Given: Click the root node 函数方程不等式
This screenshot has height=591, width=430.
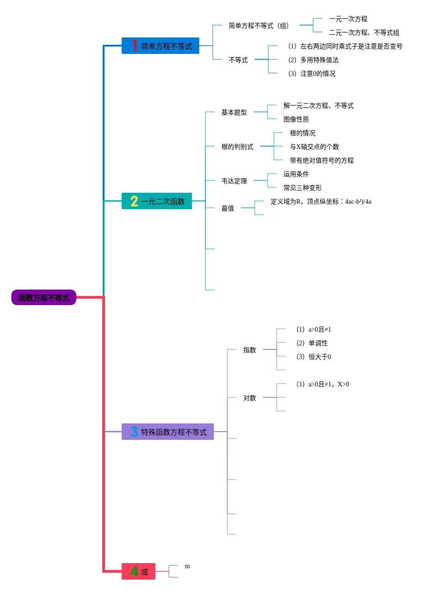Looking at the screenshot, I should coord(44,298).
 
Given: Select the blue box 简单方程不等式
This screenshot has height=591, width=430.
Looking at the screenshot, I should coord(161,46).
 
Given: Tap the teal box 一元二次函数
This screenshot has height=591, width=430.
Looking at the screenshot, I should coord(157,201).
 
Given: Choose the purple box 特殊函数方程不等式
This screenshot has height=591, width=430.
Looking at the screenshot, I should coord(168,432).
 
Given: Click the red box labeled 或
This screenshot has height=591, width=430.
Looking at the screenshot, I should coord(139,572).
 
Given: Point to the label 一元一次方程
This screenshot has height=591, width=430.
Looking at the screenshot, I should coord(348,19).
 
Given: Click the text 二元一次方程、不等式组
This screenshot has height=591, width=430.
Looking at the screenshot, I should coord(364,33).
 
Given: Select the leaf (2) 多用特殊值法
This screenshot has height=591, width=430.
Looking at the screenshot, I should coord(313,60).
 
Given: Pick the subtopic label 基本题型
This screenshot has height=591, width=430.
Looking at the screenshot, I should coord(234,112).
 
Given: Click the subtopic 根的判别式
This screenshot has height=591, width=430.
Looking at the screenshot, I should coord(237,147).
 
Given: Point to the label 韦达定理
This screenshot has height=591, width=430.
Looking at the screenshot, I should coord(234,181).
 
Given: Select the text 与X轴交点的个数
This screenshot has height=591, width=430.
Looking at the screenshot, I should coord(314,147).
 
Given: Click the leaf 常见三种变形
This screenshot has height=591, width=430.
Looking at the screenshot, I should coord(302,188).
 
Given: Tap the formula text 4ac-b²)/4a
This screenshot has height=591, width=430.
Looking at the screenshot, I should coord(358,202).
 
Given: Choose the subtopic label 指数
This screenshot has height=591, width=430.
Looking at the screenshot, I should coord(249,350).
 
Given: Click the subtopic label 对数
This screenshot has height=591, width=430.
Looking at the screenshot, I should coord(249,398).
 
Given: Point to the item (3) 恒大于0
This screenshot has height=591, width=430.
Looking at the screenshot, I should coord(314,357).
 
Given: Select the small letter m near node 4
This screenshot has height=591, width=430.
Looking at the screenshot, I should coord(187,566).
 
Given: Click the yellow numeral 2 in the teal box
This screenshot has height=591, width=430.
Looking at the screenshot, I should coord(134,201).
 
